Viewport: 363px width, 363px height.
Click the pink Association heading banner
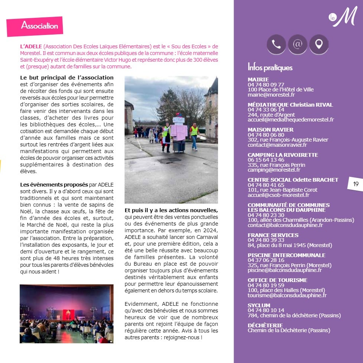[35, 26]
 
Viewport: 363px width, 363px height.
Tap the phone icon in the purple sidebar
[276, 45]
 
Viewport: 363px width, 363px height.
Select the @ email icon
[297, 45]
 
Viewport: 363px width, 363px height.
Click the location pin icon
[318, 45]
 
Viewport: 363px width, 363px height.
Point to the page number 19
[356, 184]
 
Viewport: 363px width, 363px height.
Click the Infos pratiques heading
[270, 68]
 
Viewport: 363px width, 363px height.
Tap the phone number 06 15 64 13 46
[266, 160]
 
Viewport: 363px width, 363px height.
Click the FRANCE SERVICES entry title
[273, 235]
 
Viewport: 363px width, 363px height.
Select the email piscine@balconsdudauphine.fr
[285, 270]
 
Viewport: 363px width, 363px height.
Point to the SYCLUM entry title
[259, 305]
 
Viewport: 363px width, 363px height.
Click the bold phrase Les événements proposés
[54, 185]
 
